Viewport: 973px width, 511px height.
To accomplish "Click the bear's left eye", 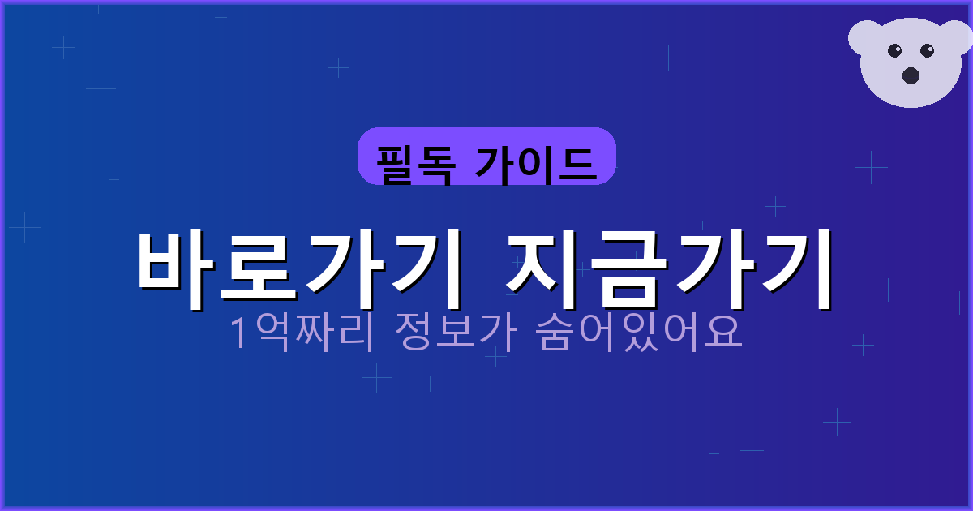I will [894, 51].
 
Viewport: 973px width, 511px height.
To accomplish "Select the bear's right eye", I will [928, 51].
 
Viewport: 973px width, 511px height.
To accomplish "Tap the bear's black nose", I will [911, 75].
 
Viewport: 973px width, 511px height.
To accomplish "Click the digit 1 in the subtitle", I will [239, 333].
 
